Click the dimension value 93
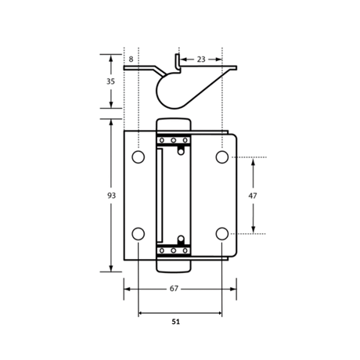111,196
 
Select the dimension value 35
110,81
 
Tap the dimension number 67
174,289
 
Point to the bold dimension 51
176,322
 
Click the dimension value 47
253,196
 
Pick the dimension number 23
201,59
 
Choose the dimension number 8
131,59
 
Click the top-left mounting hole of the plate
139,157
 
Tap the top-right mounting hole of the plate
222,157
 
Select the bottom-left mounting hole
139,234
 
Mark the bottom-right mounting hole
222,234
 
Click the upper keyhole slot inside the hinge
181,150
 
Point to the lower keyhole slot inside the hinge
181,240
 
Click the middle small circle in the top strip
173,140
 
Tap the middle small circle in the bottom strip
173,250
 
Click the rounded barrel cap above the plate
174,124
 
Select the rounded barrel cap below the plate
174,266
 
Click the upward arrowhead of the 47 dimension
253,162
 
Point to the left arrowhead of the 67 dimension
128,289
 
